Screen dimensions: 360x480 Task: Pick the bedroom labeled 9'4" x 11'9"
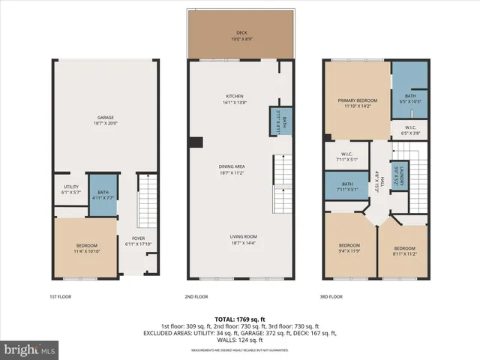pos(349,248)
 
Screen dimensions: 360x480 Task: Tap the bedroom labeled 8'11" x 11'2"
pos(405,250)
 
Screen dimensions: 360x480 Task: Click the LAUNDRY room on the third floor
pos(401,174)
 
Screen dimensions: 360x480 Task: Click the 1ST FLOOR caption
pos(60,297)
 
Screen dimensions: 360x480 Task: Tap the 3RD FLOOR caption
pos(331,297)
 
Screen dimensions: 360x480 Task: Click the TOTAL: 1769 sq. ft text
pos(240,319)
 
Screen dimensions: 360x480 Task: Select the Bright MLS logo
pos(30,349)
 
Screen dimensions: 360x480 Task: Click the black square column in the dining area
pos(196,142)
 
